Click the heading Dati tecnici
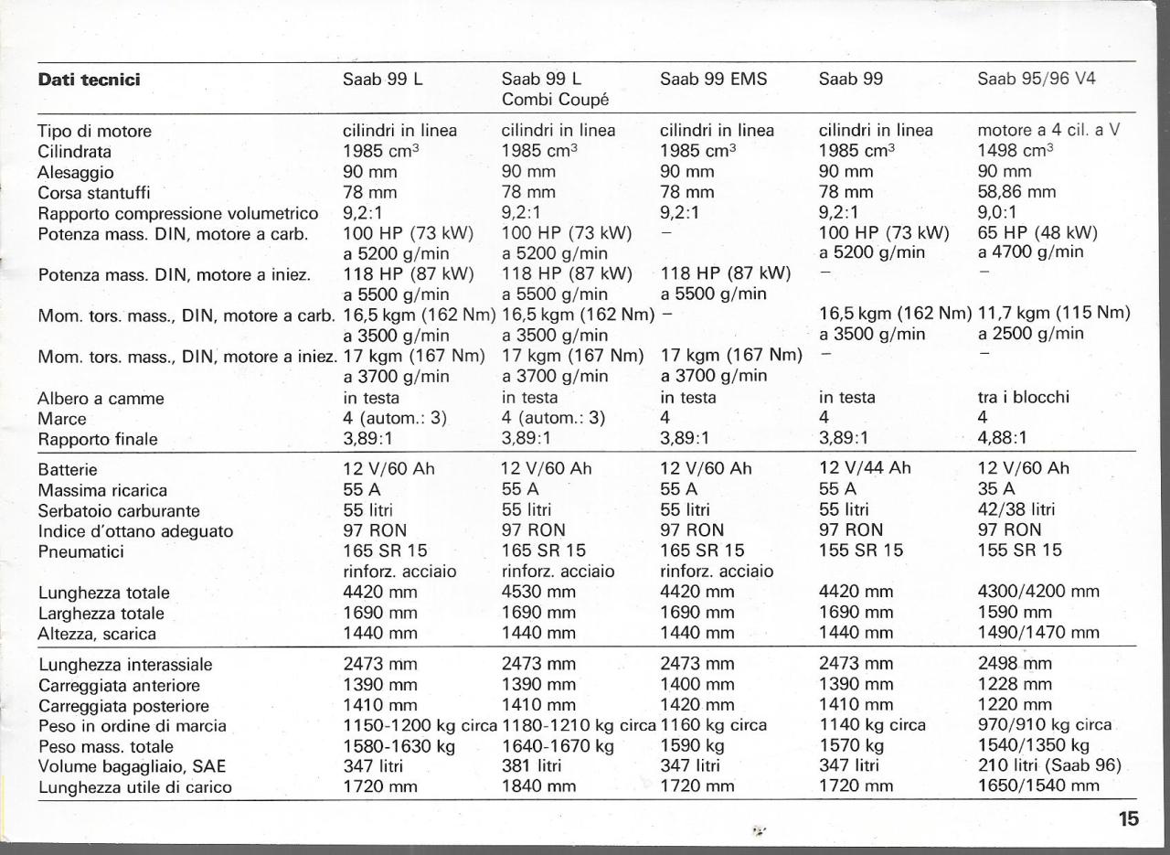pyautogui.click(x=89, y=80)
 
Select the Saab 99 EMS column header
pyautogui.click(x=713, y=80)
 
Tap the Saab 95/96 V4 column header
pyautogui.click(x=1036, y=80)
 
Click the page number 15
pyautogui.click(x=1129, y=819)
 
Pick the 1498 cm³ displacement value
pyautogui.click(x=1016, y=151)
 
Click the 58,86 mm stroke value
pyautogui.click(x=1016, y=192)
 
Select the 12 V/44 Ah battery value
pyautogui.click(x=865, y=469)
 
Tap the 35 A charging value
pyautogui.click(x=996, y=489)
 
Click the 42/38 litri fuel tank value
pyautogui.click(x=1016, y=510)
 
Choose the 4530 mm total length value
pyautogui.click(x=539, y=593)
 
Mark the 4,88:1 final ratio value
pyautogui.click(x=1002, y=439)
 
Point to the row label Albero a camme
pyautogui.click(x=101, y=399)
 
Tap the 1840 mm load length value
pyautogui.click(x=539, y=786)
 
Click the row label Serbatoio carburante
pyautogui.click(x=119, y=511)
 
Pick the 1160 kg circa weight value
pyautogui.click(x=713, y=726)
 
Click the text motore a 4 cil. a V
pyautogui.click(x=1048, y=131)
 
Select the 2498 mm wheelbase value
pyautogui.click(x=1015, y=664)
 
